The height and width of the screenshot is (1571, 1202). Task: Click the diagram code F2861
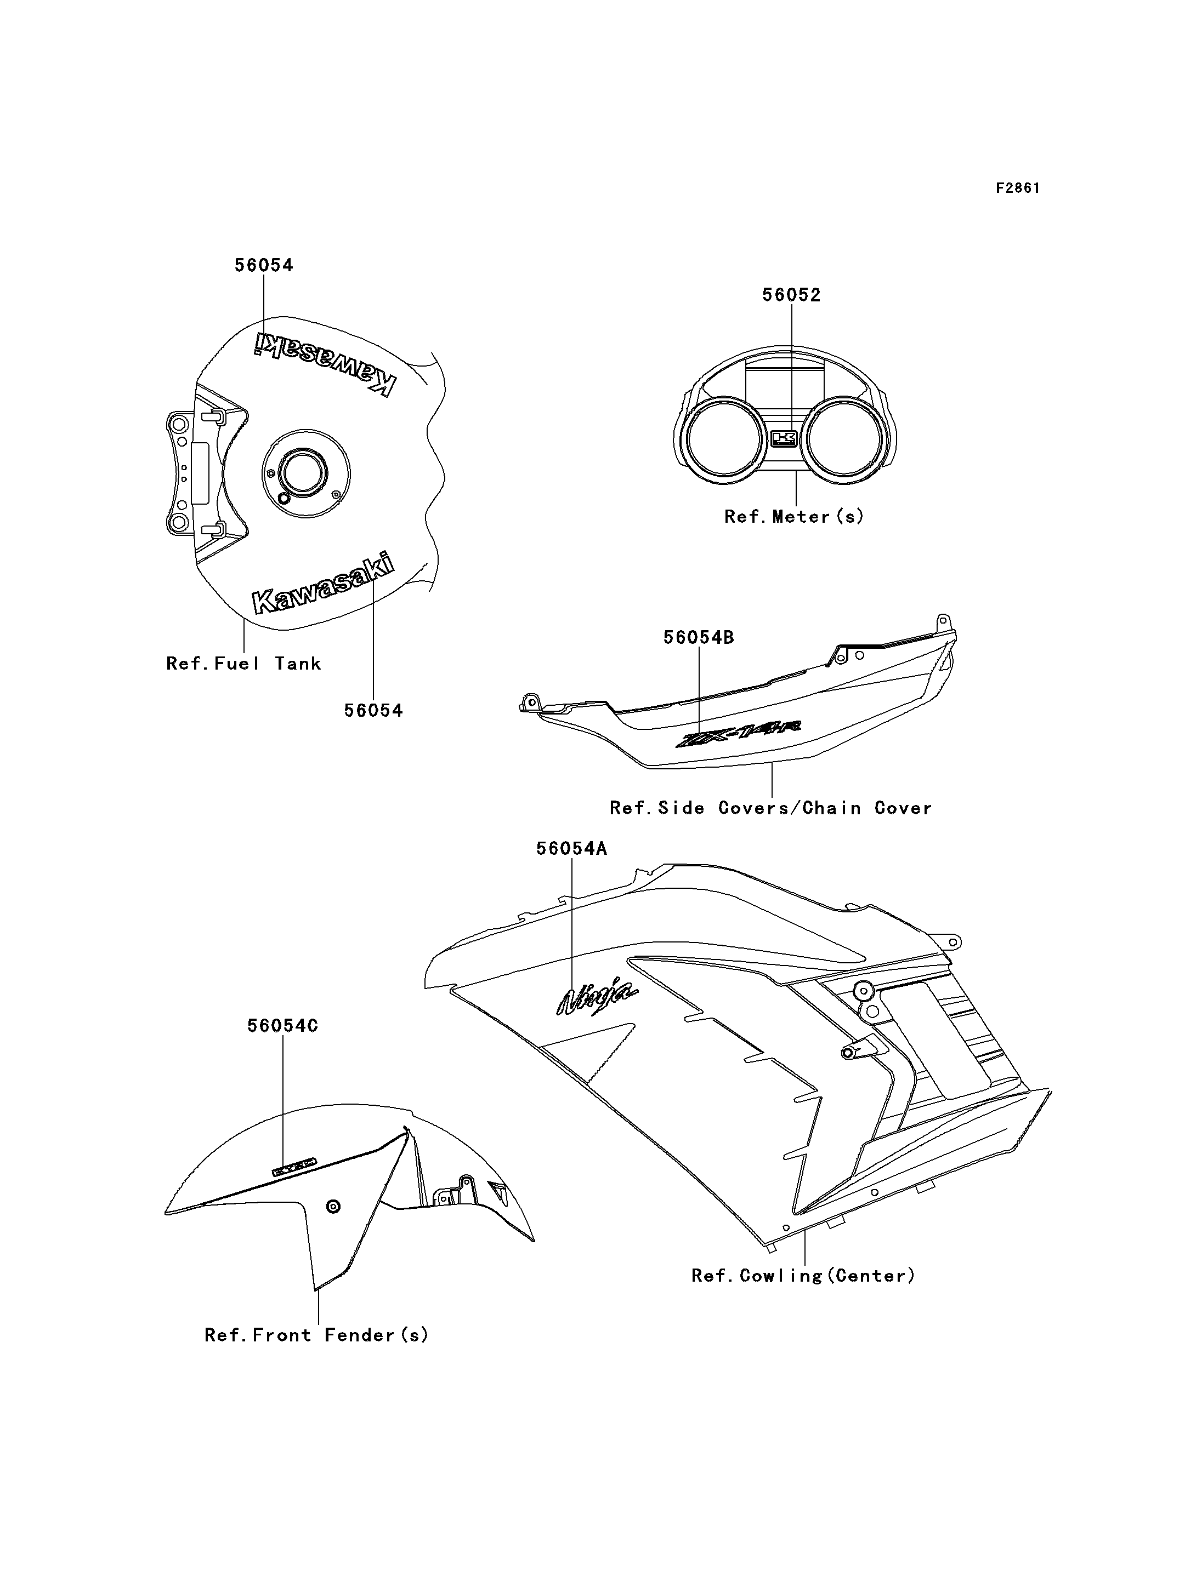(x=1017, y=188)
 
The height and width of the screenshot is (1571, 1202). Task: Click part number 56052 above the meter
(x=791, y=295)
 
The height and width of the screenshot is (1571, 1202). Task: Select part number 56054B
(x=698, y=637)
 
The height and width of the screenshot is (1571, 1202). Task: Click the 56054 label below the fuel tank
(x=373, y=710)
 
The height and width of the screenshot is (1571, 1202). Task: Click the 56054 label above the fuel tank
(x=264, y=265)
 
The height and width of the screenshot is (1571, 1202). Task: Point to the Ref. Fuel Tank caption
(x=243, y=664)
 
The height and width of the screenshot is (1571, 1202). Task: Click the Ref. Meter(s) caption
(x=794, y=516)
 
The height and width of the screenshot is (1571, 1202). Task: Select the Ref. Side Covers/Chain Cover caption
(x=770, y=808)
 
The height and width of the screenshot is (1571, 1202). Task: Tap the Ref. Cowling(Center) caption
(x=803, y=1276)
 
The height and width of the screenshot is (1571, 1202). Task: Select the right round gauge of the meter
(x=847, y=438)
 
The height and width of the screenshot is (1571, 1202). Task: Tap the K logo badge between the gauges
(x=784, y=438)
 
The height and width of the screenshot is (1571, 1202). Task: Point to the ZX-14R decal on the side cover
(x=739, y=734)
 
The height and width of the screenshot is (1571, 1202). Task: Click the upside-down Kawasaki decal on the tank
(x=325, y=363)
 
